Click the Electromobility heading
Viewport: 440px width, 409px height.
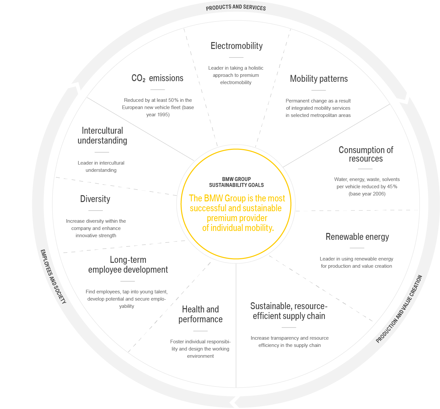(236, 46)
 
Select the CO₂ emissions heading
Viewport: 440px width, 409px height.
(157, 78)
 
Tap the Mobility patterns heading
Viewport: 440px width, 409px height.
(319, 79)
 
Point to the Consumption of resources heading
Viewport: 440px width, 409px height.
(366, 154)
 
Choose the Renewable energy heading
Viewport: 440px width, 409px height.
(357, 237)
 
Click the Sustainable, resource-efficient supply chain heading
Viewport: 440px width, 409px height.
(289, 311)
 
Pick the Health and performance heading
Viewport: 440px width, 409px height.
(200, 314)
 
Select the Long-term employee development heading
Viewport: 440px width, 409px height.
(128, 265)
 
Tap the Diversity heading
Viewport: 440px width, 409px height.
(95, 199)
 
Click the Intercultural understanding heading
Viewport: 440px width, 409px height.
(102, 136)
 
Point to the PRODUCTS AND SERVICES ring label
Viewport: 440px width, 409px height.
(236, 8)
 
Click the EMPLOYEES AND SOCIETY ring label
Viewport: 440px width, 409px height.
(53, 276)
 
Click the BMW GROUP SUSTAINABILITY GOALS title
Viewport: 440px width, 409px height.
(236, 182)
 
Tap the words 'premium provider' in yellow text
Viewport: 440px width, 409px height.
(237, 218)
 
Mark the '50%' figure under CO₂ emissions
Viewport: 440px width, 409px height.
(174, 100)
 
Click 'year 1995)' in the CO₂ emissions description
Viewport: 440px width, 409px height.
(158, 115)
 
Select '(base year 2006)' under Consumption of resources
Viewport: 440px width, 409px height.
(367, 194)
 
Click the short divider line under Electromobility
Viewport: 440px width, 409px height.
(236, 57)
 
